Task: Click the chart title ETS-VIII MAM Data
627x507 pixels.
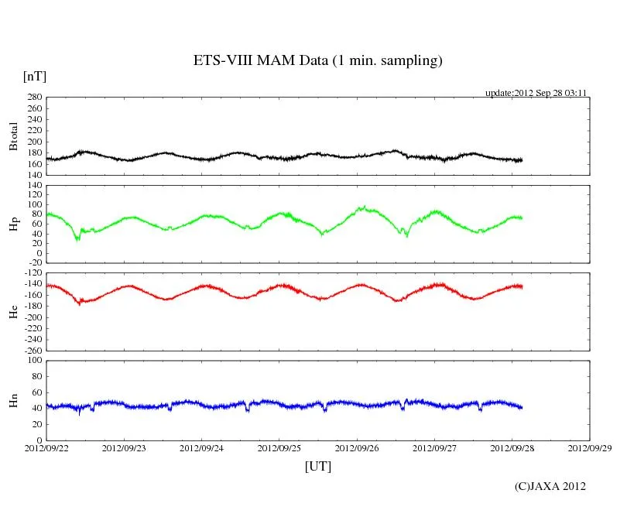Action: (x=317, y=60)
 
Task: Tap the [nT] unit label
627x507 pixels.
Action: (x=34, y=76)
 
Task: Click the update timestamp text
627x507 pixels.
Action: (x=536, y=92)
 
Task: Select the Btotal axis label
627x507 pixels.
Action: (x=13, y=135)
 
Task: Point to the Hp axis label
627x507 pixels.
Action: (x=13, y=224)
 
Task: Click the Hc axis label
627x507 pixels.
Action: (x=13, y=311)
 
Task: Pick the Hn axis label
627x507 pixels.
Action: (x=13, y=400)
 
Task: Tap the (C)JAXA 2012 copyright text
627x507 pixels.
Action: (x=550, y=486)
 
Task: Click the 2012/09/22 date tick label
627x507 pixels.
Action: (x=46, y=447)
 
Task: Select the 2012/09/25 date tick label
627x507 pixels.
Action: (x=279, y=447)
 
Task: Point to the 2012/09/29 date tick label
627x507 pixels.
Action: (x=589, y=447)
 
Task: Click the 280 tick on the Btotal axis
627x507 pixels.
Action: (x=34, y=98)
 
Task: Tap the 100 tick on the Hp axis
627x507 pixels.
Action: (x=34, y=205)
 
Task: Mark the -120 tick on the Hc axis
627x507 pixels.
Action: (x=31, y=273)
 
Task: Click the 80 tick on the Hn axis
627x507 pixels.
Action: (x=36, y=376)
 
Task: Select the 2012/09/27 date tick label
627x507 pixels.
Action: (x=434, y=447)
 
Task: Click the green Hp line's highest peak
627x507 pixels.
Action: (x=363, y=206)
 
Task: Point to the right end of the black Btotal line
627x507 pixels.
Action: (x=522, y=159)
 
